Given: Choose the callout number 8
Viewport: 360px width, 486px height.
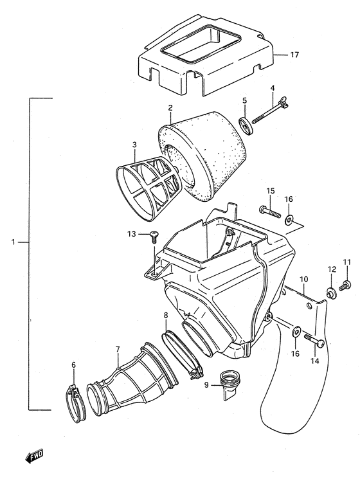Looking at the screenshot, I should coord(165,315).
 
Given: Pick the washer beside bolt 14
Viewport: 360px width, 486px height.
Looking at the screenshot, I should coord(296,332).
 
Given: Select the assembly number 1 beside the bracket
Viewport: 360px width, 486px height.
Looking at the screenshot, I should coord(12,242).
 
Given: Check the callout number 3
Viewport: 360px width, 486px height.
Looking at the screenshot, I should coord(134,146).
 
